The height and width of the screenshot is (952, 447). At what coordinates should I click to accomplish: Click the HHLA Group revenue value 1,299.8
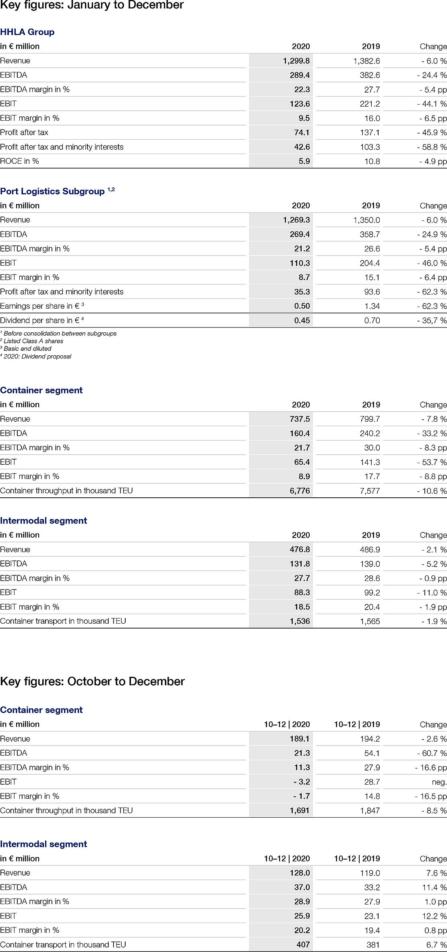(x=296, y=61)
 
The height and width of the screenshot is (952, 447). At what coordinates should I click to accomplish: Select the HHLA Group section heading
(x=27, y=32)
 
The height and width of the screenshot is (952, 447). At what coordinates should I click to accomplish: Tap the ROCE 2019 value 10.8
(x=370, y=161)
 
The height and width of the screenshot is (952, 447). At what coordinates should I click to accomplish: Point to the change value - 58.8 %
(x=432, y=147)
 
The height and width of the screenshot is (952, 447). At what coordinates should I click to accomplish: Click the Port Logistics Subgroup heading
(x=52, y=191)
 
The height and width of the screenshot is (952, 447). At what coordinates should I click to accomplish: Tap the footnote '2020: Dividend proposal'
(x=37, y=356)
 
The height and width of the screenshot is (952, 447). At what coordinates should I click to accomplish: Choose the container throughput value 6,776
(x=300, y=490)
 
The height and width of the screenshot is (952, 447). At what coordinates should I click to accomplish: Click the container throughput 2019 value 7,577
(x=370, y=490)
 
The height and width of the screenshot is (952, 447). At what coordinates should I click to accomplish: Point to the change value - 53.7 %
(x=432, y=462)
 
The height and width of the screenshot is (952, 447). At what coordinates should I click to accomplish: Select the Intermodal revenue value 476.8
(x=300, y=549)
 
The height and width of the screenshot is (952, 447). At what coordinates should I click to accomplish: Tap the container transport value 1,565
(x=370, y=621)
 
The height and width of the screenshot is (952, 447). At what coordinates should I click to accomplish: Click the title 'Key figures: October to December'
(x=92, y=681)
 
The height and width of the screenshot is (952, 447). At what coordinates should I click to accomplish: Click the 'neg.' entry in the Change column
(x=439, y=781)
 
